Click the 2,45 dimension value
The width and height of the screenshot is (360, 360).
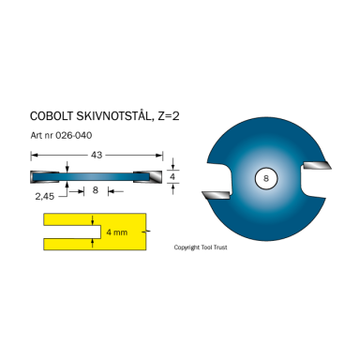[x=44, y=196]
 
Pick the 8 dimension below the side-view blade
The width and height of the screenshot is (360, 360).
[x=96, y=190]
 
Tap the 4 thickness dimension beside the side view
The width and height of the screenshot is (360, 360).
[x=172, y=174]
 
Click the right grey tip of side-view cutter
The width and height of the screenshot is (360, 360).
[x=155, y=175]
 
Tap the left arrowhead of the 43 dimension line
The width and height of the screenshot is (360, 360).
[x=34, y=162]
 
